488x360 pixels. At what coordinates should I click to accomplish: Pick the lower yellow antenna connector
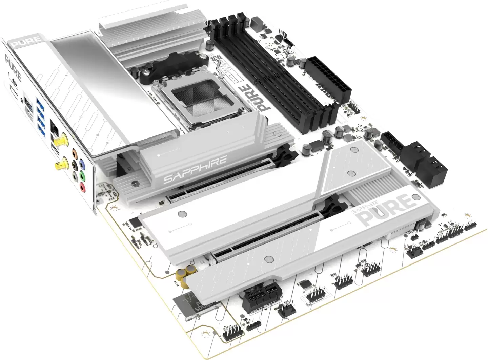61,165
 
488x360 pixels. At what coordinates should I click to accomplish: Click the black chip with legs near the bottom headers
305,284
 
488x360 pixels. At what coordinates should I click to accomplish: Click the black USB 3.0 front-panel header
392,144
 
